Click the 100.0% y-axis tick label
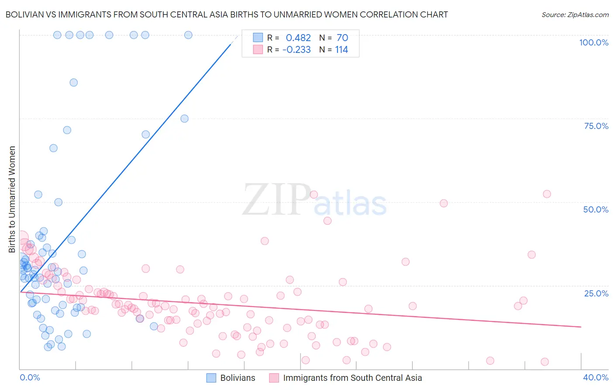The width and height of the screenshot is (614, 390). [x=593, y=42]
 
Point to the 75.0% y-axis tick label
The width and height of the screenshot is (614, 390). [x=596, y=126]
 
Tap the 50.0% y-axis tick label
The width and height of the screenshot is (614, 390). [x=596, y=209]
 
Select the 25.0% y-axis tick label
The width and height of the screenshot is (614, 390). [x=596, y=293]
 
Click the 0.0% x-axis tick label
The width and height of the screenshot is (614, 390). [x=30, y=377]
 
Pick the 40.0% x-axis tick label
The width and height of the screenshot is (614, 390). [x=596, y=377]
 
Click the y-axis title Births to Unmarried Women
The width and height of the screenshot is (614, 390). [x=12, y=199]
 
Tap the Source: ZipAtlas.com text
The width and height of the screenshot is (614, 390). [x=575, y=14]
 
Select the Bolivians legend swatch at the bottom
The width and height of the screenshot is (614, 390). [x=211, y=378]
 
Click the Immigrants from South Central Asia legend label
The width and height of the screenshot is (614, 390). [x=352, y=378]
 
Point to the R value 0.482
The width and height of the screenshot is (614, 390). [x=298, y=38]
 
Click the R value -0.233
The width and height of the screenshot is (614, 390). [x=297, y=50]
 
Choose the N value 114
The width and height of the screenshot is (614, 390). [x=341, y=50]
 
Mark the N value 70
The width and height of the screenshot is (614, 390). [x=342, y=38]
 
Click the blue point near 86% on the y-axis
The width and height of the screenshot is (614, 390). [x=74, y=83]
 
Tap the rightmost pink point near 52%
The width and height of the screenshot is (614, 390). [x=547, y=194]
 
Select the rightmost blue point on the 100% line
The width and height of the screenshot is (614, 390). [x=188, y=35]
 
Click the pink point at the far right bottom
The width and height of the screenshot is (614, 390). [x=545, y=362]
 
